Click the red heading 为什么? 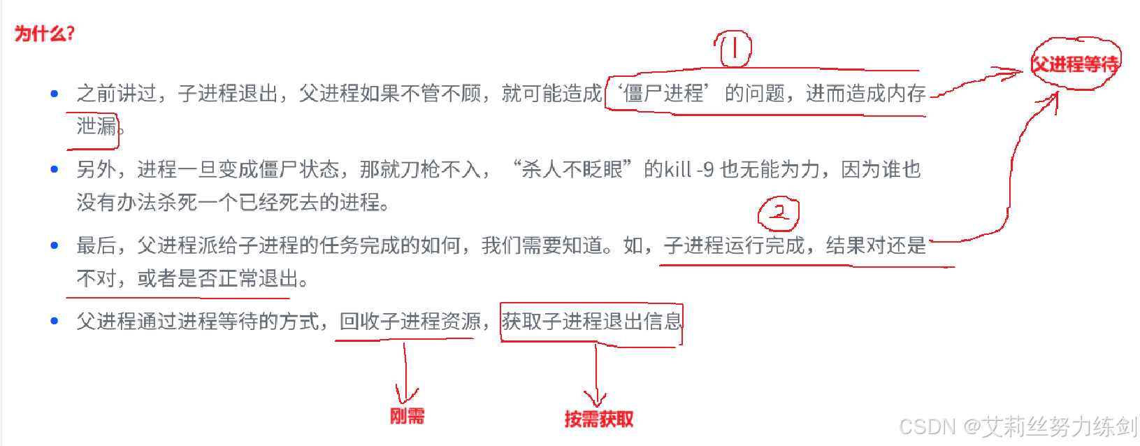click(44, 33)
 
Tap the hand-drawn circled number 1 click(733, 49)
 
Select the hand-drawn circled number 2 click(779, 213)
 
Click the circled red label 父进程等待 click(1075, 64)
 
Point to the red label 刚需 click(407, 416)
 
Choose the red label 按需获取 click(598, 419)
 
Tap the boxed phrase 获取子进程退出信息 click(591, 322)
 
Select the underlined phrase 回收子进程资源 click(410, 322)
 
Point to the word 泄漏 click(96, 127)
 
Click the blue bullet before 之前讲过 click(55, 94)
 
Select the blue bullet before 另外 click(55, 169)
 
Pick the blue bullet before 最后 click(55, 245)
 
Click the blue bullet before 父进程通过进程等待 click(55, 322)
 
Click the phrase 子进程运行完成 click(735, 245)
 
